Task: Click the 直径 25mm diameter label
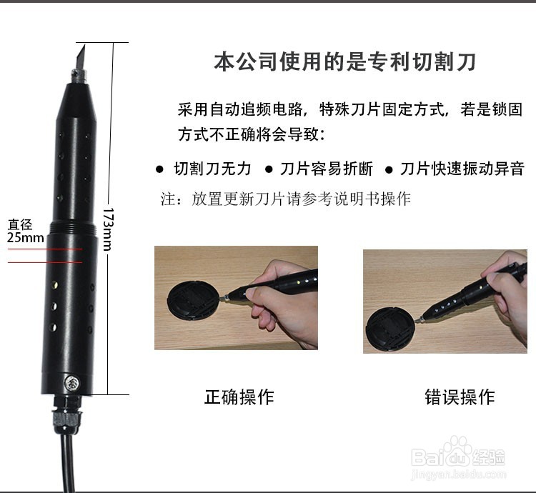pos(24,231)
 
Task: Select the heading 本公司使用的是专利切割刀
pos(344,61)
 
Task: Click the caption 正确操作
pos(239,397)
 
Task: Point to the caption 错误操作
pos(459,397)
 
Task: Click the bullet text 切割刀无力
pos(212,169)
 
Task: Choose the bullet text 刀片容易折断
pos(327,169)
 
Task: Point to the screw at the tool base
pos(71,383)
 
